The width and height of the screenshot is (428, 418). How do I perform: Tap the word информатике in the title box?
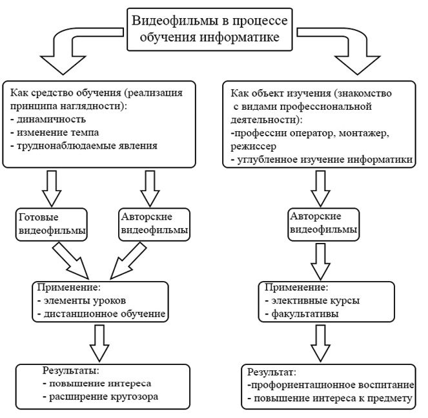click(x=239, y=37)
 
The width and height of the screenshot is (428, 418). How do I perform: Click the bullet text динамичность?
click(x=48, y=120)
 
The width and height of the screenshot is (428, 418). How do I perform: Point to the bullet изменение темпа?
click(x=55, y=132)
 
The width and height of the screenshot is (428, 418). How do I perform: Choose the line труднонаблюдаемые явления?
click(x=84, y=145)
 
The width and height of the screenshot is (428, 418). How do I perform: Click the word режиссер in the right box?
click(x=254, y=147)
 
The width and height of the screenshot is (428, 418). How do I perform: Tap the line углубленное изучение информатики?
click(x=322, y=160)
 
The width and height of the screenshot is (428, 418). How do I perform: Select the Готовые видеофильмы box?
click(x=51, y=225)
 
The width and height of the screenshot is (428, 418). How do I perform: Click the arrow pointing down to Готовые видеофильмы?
click(x=52, y=189)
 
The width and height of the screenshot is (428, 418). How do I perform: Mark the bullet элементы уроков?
click(x=82, y=300)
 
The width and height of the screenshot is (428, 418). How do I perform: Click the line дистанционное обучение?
click(x=102, y=313)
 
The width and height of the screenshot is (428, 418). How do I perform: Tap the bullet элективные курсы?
click(x=312, y=300)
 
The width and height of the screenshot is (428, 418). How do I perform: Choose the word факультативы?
click(x=305, y=313)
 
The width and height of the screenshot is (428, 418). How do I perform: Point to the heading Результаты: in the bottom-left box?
click(x=71, y=371)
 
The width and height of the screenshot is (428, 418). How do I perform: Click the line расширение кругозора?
click(x=101, y=397)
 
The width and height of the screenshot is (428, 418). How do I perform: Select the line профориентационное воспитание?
click(x=331, y=385)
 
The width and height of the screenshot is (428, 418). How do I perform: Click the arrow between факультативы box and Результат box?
click(x=321, y=343)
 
